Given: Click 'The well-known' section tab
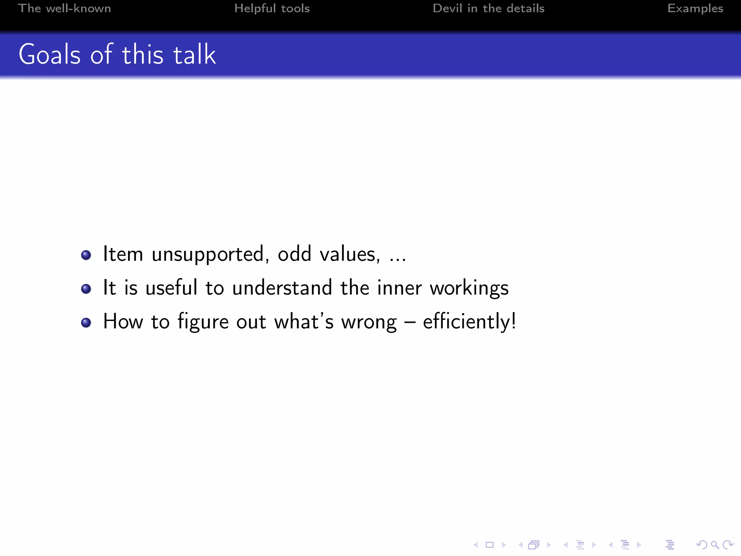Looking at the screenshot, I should [64, 8].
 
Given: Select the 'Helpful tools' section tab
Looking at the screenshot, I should [272, 8].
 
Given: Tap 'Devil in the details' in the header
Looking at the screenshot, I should [488, 8].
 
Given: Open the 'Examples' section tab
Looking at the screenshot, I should [695, 8].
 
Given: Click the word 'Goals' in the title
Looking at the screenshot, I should [50, 55].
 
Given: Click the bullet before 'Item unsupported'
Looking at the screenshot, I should [86, 255].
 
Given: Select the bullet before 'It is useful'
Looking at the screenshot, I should [86, 288].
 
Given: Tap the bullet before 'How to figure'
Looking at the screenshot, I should [86, 322].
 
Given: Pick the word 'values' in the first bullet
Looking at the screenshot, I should [350, 254].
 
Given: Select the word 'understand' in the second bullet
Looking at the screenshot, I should [282, 288].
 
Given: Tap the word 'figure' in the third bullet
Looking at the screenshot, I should [203, 322].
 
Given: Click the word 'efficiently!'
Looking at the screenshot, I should [469, 321].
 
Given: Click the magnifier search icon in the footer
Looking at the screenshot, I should [715, 545].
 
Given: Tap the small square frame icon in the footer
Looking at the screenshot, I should [490, 545].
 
